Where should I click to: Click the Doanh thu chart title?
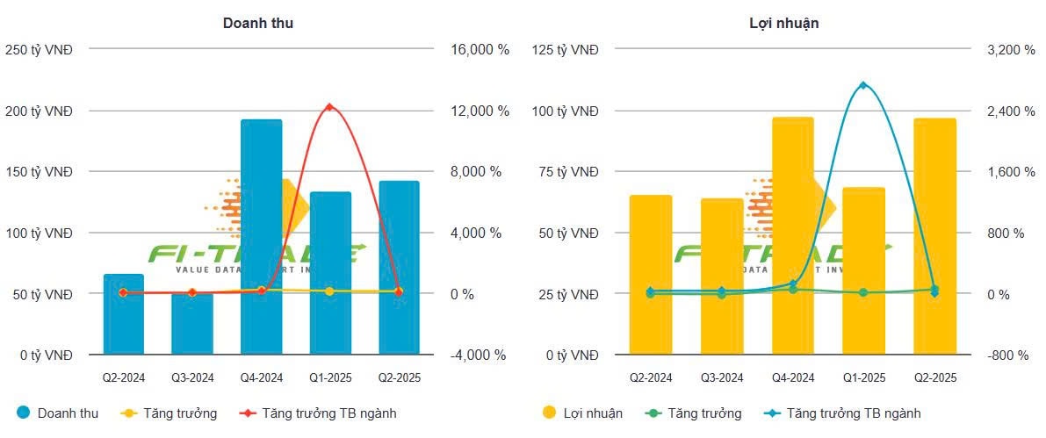click(257, 24)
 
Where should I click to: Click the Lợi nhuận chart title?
click(778, 24)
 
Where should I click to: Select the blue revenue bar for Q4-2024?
click(261, 237)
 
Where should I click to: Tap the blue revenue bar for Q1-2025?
click(330, 272)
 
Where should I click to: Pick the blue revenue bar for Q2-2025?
click(399, 268)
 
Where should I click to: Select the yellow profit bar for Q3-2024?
click(722, 276)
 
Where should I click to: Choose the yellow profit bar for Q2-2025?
click(934, 237)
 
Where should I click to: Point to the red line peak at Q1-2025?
click(329, 107)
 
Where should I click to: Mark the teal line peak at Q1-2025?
click(863, 85)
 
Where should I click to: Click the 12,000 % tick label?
click(480, 111)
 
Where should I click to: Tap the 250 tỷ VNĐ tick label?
click(40, 50)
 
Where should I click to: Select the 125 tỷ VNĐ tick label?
click(566, 50)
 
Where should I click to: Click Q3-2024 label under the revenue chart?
click(192, 378)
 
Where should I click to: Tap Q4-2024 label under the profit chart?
click(792, 378)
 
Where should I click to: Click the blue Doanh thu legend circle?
click(24, 413)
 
